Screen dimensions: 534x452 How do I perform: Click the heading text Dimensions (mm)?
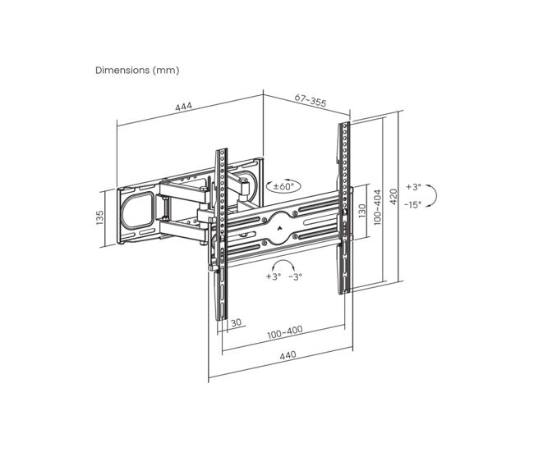[x=137, y=71]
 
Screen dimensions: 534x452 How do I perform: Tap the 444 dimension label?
[x=183, y=107]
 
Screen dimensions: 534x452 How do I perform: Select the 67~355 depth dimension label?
[x=311, y=100]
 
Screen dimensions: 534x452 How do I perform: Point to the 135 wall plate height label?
[x=99, y=217]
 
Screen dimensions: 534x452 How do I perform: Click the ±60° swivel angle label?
[x=283, y=186]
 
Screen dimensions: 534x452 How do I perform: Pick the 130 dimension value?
[x=362, y=211]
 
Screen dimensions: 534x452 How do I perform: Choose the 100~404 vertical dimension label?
[x=377, y=207]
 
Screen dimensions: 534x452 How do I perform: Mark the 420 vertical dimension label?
[x=394, y=197]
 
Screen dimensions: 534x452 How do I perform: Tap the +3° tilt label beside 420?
[x=413, y=187]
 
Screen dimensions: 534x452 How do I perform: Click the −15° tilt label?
[x=412, y=204]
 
